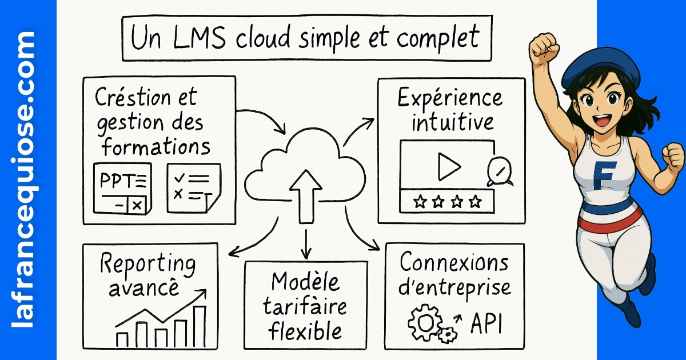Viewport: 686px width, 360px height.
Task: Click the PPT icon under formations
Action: click(x=122, y=188)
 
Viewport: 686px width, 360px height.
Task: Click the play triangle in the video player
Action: click(x=449, y=166)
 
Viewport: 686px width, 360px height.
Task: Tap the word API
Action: click(x=486, y=323)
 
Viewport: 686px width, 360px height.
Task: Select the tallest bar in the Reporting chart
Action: click(x=199, y=326)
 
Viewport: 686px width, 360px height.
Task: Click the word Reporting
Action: click(x=147, y=265)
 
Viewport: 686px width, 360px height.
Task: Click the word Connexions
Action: click(x=454, y=263)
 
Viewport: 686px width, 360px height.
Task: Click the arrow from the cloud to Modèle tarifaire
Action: click(x=307, y=243)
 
